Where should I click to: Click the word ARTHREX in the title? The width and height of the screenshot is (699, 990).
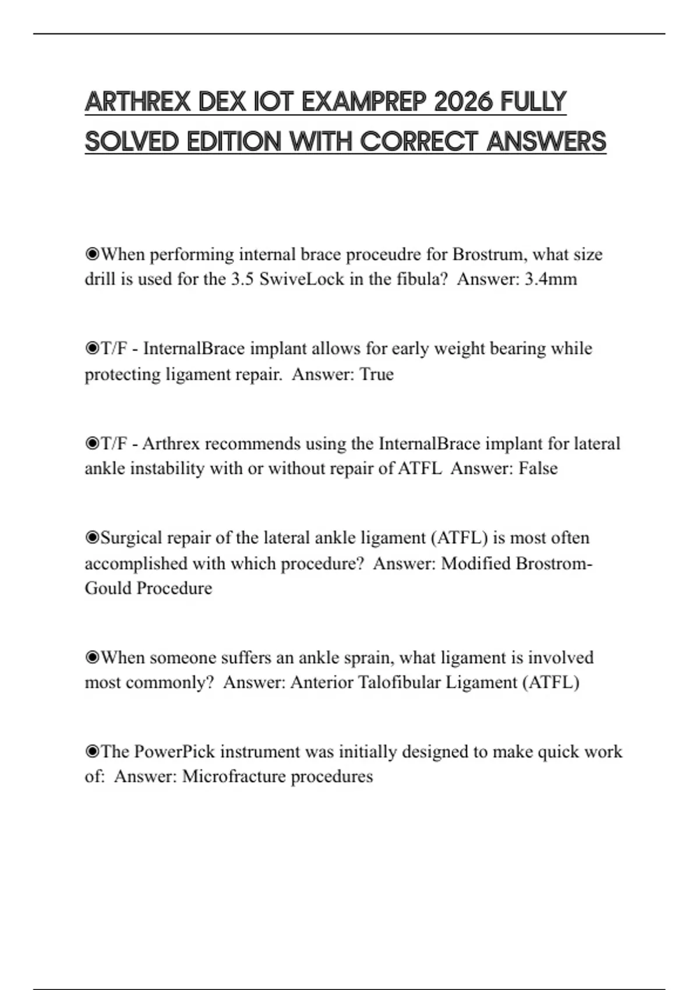137,102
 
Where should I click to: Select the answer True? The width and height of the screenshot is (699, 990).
377,374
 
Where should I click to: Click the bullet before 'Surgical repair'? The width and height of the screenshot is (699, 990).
92,538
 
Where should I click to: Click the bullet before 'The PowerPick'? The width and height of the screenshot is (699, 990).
92,752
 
